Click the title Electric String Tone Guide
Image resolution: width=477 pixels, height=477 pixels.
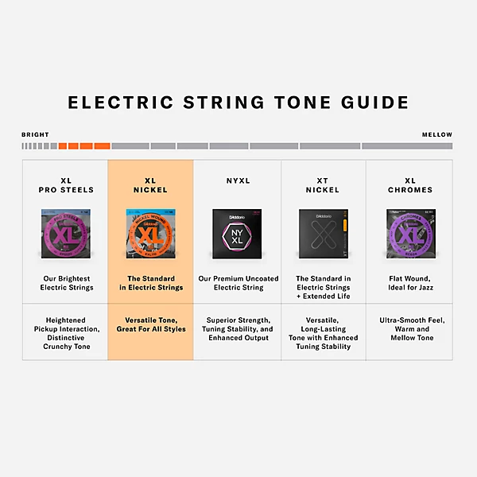[x=238, y=103]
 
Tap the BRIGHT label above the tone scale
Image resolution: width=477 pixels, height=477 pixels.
[x=35, y=135]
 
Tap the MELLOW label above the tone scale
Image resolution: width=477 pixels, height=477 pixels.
[x=437, y=135]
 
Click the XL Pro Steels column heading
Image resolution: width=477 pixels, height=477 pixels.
[x=66, y=185]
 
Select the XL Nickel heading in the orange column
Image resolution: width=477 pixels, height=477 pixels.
[x=150, y=185]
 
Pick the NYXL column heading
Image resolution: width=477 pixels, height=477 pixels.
[x=237, y=181]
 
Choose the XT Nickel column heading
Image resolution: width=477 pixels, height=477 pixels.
[x=322, y=185]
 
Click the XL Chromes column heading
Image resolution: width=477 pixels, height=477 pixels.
[x=409, y=185]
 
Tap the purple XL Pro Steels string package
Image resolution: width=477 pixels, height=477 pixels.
[x=66, y=234]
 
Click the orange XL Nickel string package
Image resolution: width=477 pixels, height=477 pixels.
[x=150, y=234]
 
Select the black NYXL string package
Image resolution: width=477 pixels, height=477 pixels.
[x=237, y=234]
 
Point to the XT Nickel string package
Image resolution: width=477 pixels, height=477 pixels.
[x=323, y=234]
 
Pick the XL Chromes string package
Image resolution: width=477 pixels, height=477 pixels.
[x=409, y=234]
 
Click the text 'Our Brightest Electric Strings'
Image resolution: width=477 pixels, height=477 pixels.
[x=66, y=283]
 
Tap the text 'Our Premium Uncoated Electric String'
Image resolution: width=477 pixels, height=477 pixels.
[x=237, y=283]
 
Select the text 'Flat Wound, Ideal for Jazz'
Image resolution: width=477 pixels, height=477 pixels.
[x=409, y=283]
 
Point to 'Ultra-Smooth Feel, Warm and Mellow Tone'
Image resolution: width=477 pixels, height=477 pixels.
[x=409, y=328]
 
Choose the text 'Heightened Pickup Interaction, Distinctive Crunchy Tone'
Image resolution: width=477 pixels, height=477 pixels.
[x=66, y=333]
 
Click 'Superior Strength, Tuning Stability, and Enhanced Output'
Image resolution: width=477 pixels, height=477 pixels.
[x=237, y=328]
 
